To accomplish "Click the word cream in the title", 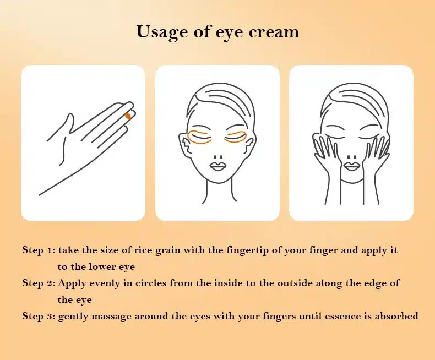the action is click(274, 32).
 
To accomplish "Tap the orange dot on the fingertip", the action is click(128, 116).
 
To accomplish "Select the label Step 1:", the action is click(39, 250).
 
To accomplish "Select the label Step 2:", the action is click(39, 283).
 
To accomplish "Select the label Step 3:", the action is click(39, 316).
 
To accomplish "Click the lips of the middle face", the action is click(218, 166).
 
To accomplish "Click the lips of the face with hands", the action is click(351, 166).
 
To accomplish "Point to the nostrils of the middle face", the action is click(219, 157).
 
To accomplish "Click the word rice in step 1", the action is click(143, 250).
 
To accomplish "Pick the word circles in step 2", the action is click(151, 283).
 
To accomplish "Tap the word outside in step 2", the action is click(295, 283).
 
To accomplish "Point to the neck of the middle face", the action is click(219, 192).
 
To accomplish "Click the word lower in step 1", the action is click(102, 267).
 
